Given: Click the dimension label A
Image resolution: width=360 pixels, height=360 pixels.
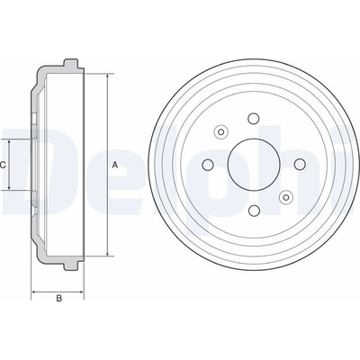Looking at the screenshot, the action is coord(115,165).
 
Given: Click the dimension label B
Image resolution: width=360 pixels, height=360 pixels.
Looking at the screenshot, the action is coord(59,298).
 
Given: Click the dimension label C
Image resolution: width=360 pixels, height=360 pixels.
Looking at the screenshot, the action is coord(3,165).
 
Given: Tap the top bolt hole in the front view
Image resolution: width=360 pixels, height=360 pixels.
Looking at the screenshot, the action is coord(254,118).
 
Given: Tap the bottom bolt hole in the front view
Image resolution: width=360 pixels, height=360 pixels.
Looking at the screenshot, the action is coord(254,211).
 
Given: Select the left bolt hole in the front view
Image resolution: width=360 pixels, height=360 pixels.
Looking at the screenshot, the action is coord(208,165).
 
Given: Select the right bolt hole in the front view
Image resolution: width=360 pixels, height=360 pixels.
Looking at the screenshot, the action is coord(300,164).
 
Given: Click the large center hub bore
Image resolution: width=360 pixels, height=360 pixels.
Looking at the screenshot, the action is coord(254,165).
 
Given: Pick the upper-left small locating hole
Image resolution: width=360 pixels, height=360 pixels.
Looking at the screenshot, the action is coord(221,131).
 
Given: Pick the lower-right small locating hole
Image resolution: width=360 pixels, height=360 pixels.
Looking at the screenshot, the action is coord(286,197).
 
